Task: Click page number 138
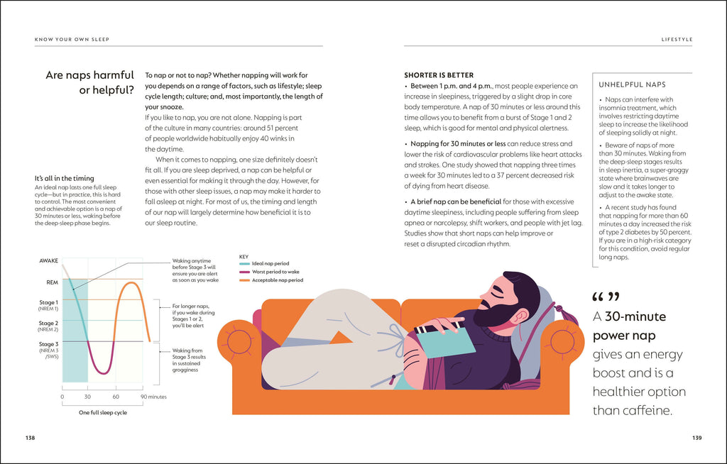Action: coord(30,438)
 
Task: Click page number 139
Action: coord(696,438)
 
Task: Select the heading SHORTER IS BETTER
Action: coord(439,75)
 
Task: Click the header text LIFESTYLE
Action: coord(677,39)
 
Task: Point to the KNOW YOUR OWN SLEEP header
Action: coord(72,39)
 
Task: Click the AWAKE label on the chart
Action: coord(48,261)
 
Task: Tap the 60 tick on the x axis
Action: coord(116,397)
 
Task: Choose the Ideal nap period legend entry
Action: coord(270,263)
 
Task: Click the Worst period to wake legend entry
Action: coord(273,272)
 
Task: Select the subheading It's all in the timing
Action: coord(64,178)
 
